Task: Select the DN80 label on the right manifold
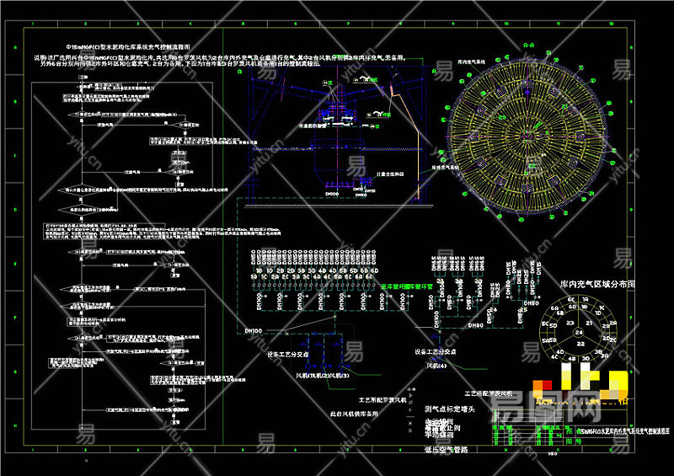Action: coord(478,323)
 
